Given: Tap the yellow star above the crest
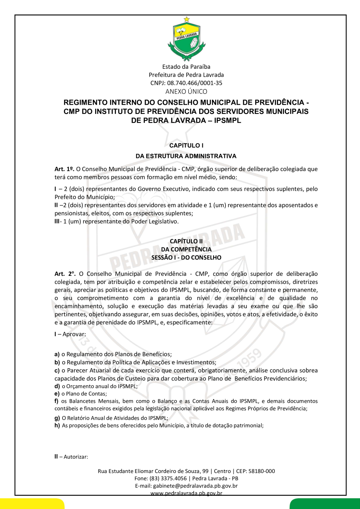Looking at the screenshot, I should click(186, 19).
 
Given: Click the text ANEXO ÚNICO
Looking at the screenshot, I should click(186, 92).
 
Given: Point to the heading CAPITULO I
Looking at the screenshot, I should click(186, 146).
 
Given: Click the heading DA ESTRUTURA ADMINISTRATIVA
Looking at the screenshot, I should click(186, 156).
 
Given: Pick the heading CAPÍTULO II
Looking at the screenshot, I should click(186, 241).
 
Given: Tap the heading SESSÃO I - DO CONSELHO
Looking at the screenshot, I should click(186, 258).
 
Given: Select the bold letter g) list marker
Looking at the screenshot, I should click(57, 418).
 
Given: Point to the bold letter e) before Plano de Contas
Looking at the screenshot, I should click(57, 393).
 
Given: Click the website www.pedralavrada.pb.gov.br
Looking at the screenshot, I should click(186, 493).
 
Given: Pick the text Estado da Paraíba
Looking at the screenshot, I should click(186, 67).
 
